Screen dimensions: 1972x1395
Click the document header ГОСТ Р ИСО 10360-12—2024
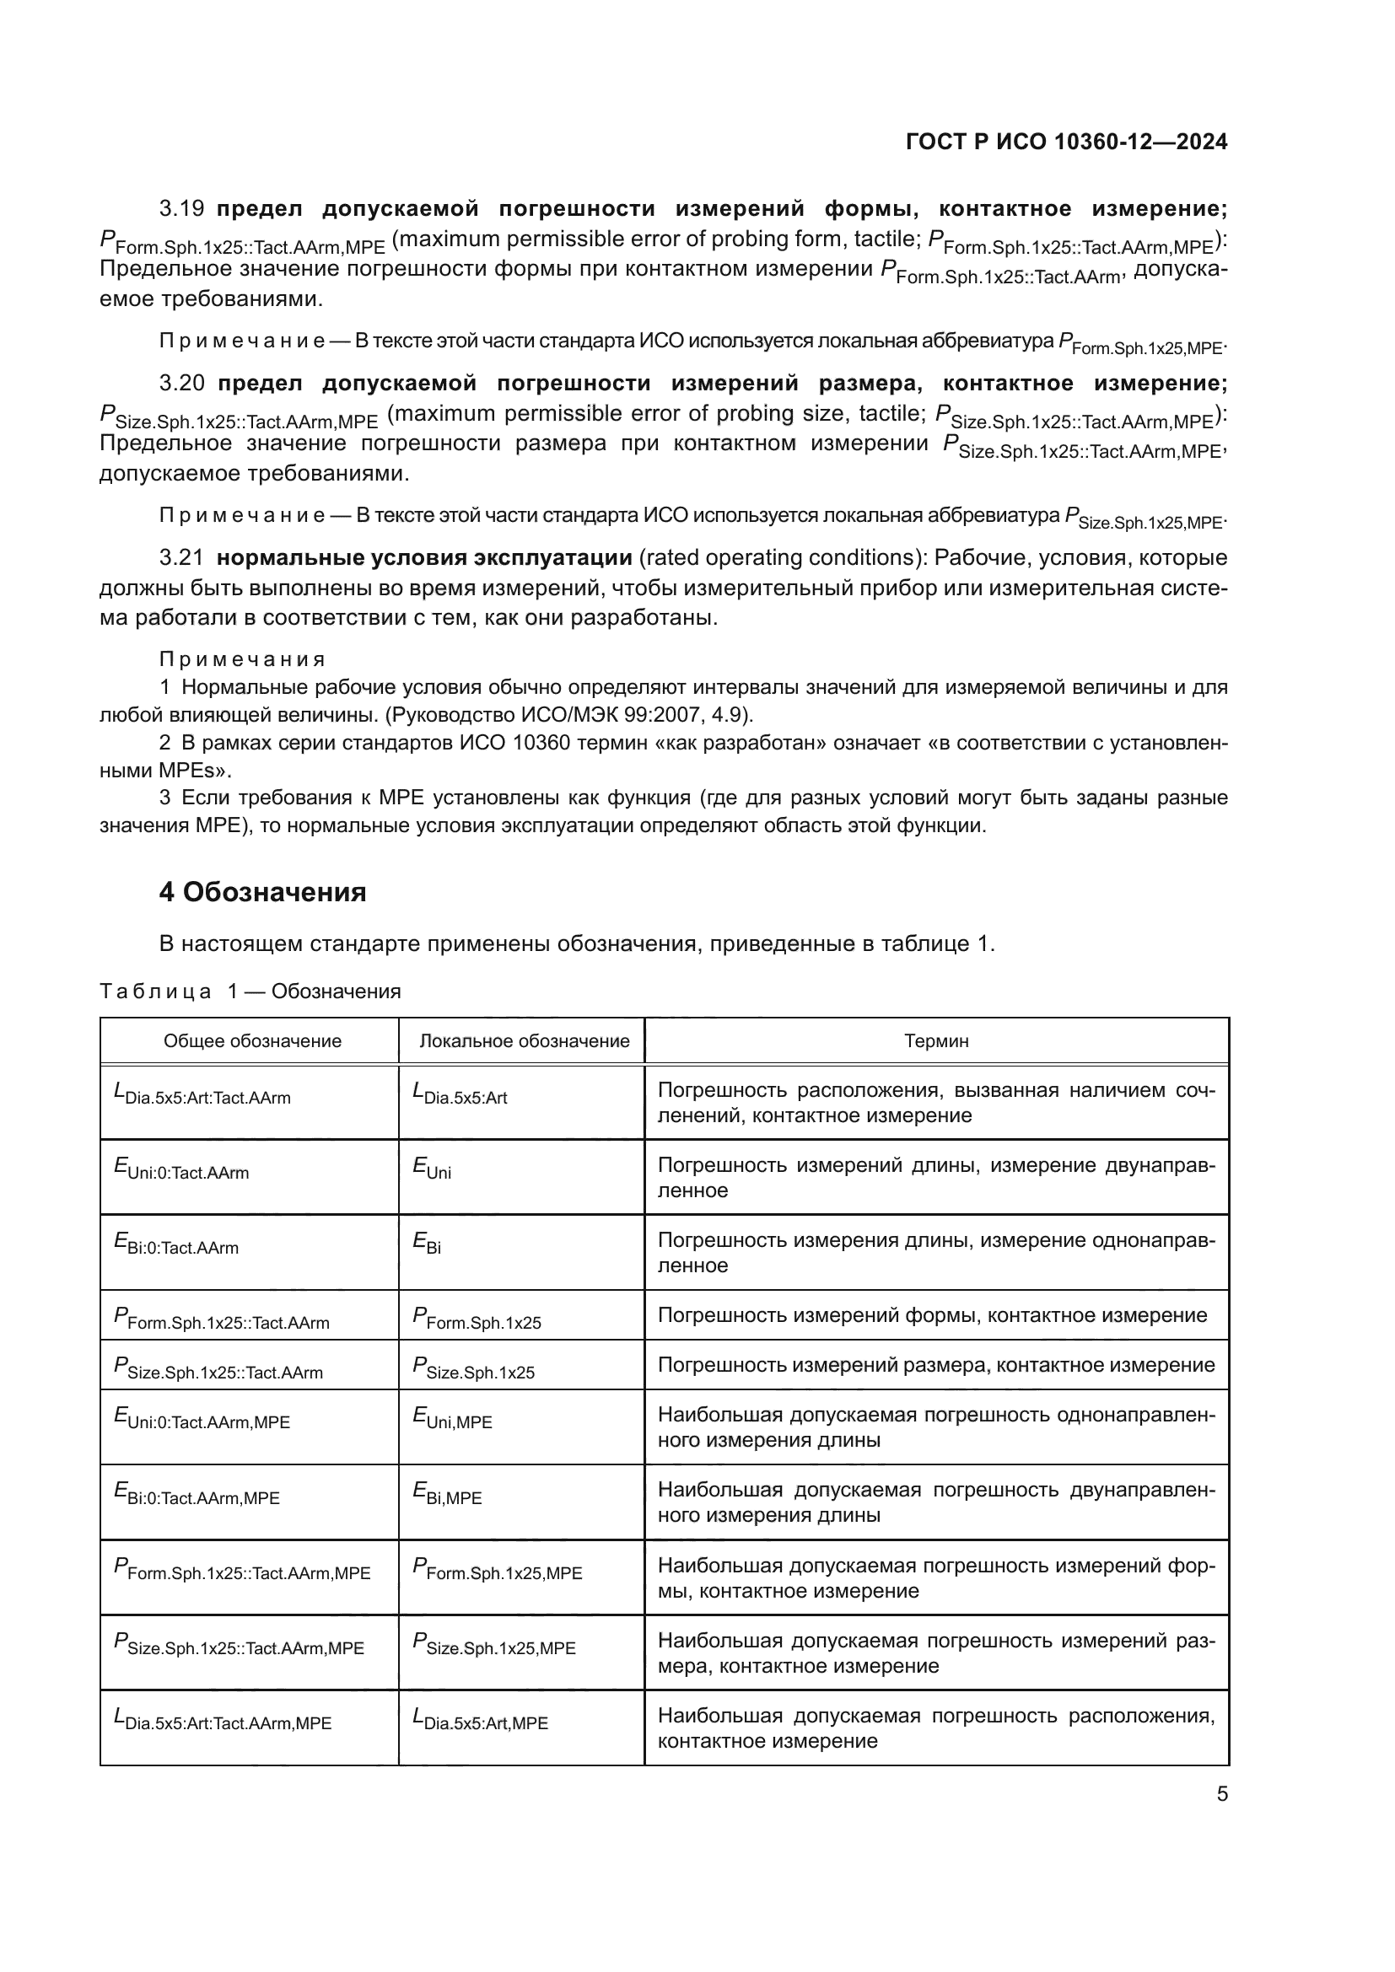tap(1066, 142)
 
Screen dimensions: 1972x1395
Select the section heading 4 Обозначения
tap(262, 892)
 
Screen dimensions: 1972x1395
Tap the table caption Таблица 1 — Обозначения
tap(250, 991)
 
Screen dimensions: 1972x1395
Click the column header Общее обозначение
tap(252, 1041)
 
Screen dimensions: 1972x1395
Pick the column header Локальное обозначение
tap(523, 1041)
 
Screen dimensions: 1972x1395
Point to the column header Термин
tap(935, 1041)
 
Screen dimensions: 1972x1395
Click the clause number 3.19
tap(181, 209)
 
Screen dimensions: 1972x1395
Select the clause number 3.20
tap(181, 383)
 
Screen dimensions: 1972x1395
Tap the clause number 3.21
tap(181, 558)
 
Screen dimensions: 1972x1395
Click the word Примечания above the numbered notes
tap(242, 659)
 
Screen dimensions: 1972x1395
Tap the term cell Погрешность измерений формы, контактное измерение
tap(932, 1316)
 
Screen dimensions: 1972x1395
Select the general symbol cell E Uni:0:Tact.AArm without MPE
tap(182, 1170)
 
